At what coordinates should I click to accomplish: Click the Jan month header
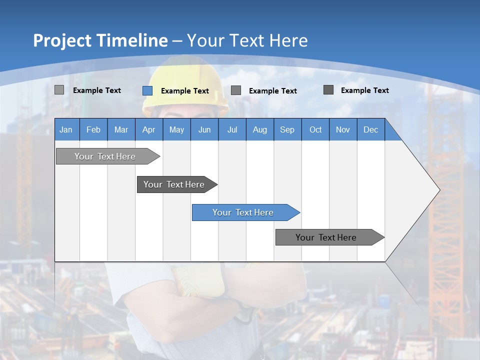click(x=66, y=130)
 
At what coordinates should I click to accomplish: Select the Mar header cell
click(x=121, y=130)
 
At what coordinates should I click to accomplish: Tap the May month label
click(x=176, y=130)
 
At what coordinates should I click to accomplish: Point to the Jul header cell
click(x=232, y=130)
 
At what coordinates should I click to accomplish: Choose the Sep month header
click(x=287, y=130)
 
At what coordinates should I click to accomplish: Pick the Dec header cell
click(x=370, y=130)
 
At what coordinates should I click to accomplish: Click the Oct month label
click(x=315, y=130)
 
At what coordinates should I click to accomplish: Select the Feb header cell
click(x=93, y=130)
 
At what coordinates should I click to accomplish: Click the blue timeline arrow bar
click(x=245, y=212)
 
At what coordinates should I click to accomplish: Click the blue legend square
click(x=147, y=90)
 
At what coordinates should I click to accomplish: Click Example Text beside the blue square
click(x=185, y=91)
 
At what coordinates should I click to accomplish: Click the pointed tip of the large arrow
click(x=439, y=190)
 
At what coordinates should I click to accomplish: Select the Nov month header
click(x=343, y=130)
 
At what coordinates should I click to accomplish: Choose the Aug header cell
click(x=260, y=130)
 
